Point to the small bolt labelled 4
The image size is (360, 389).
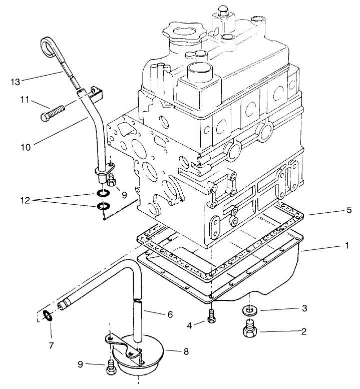click(211, 317)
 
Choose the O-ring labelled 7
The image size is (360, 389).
click(48, 315)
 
